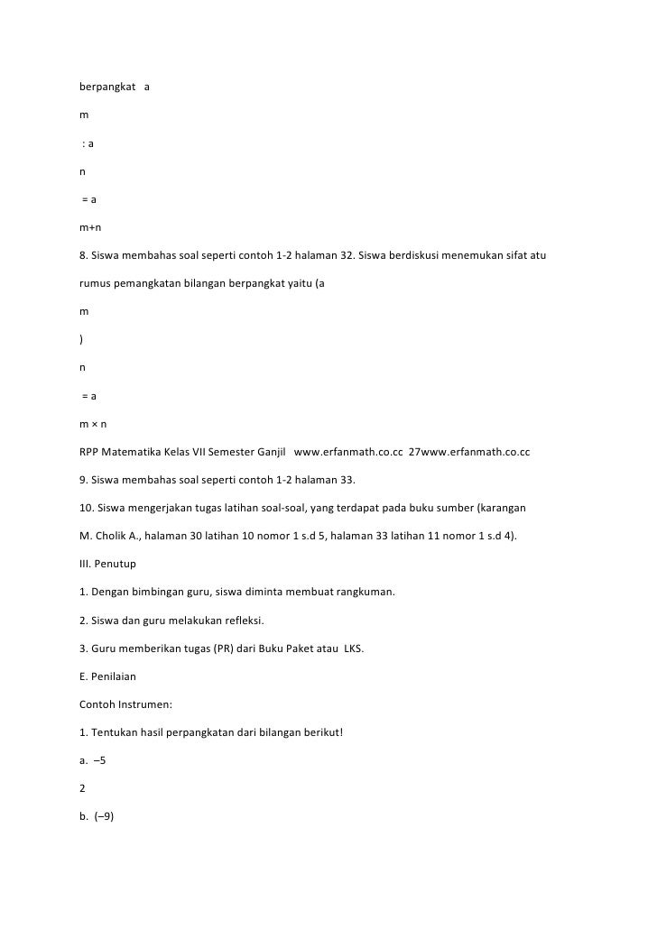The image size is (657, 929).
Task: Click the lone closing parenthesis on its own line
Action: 82,339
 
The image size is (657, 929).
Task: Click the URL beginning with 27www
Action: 469,449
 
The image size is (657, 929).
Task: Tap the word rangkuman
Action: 364,592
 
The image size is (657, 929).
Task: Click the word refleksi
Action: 238,621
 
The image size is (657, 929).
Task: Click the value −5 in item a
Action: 100,759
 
